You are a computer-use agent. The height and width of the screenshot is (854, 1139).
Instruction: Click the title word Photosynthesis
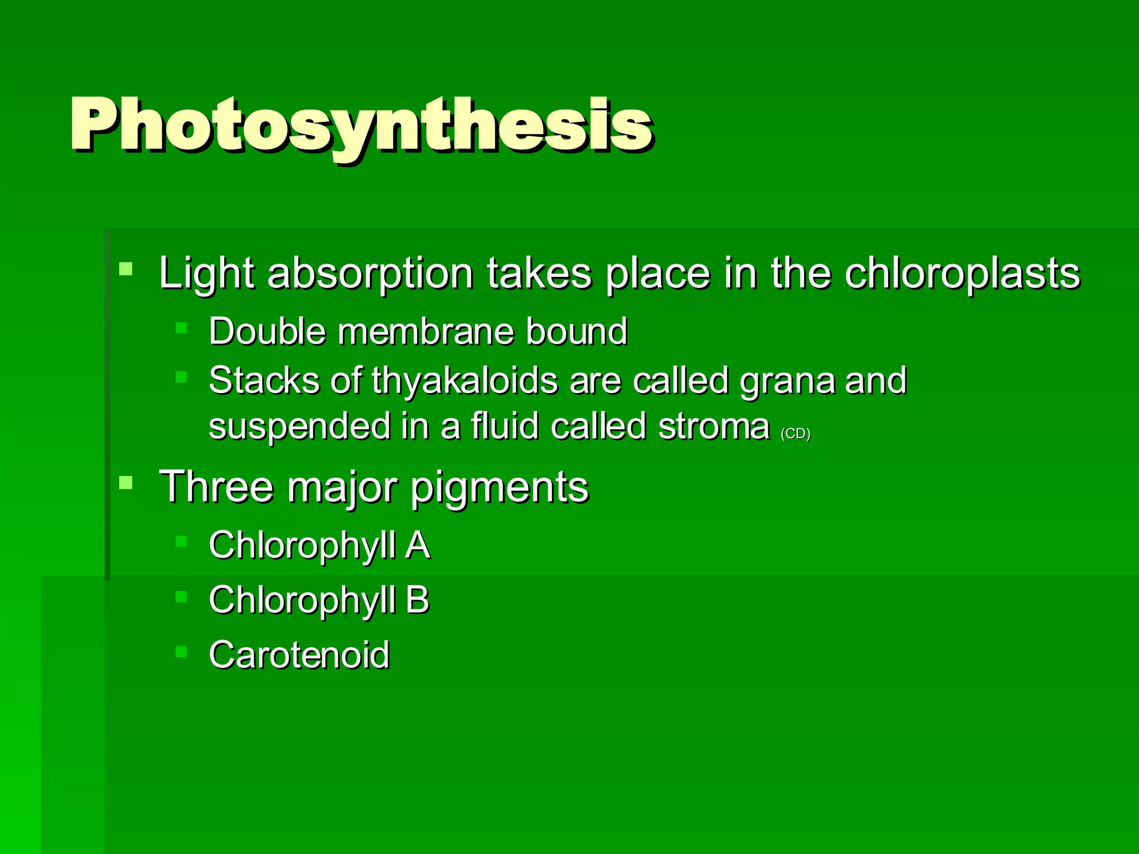pyautogui.click(x=360, y=125)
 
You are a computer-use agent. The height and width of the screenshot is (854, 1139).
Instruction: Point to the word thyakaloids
pyautogui.click(x=464, y=381)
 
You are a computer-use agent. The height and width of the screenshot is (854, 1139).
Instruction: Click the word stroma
pyautogui.click(x=714, y=427)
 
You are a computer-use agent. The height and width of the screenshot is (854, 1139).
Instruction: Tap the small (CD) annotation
pyautogui.click(x=795, y=434)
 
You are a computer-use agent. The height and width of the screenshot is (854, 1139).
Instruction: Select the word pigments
pyautogui.click(x=499, y=487)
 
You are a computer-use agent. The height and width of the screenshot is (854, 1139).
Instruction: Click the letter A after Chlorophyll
pyautogui.click(x=418, y=545)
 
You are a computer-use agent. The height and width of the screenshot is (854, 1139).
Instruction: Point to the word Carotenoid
pyautogui.click(x=299, y=654)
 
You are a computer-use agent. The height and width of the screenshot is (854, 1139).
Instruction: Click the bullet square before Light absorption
pyautogui.click(x=126, y=269)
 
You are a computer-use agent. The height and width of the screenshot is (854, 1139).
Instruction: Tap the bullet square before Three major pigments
pyautogui.click(x=126, y=482)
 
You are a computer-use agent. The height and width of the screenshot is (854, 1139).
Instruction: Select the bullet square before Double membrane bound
pyautogui.click(x=181, y=327)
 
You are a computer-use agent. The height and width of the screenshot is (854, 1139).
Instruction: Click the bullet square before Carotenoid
pyautogui.click(x=181, y=651)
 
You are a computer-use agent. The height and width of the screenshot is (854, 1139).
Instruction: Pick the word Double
pyautogui.click(x=267, y=331)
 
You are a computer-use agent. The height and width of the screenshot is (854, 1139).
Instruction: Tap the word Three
pyautogui.click(x=216, y=487)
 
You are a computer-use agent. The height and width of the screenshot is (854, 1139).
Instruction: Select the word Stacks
pyautogui.click(x=263, y=381)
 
